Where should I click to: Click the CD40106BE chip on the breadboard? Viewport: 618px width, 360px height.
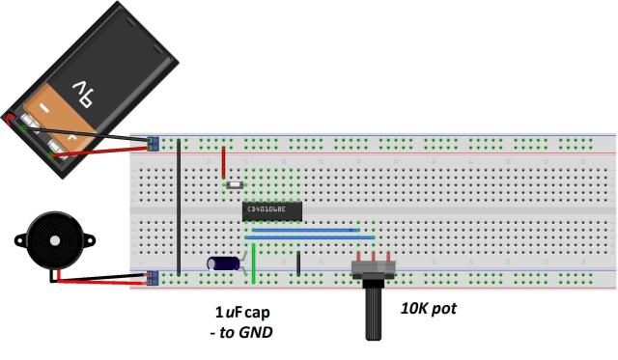(273, 209)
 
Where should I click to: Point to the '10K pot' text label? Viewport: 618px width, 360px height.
(428, 310)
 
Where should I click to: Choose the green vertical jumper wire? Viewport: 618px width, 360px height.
(253, 263)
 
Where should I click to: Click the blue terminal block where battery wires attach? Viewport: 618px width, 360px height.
(153, 144)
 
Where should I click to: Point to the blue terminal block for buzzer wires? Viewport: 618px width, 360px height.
(153, 280)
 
